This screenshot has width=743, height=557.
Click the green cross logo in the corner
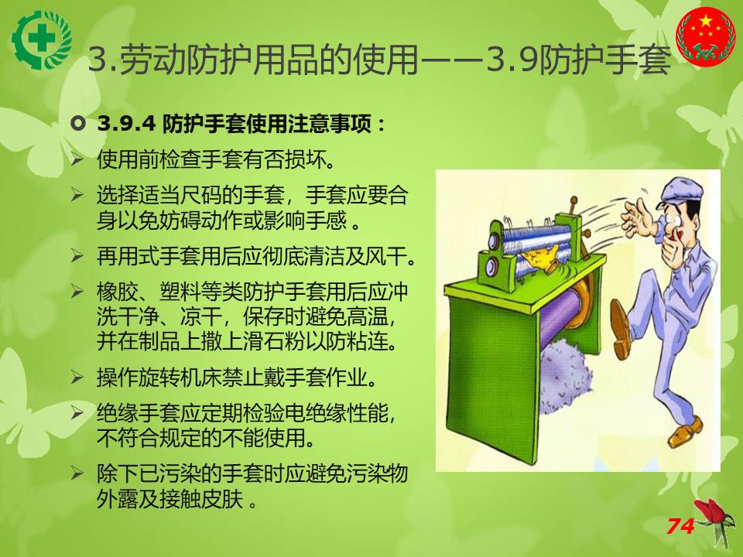click(x=42, y=39)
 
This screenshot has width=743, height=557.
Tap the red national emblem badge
click(x=706, y=36)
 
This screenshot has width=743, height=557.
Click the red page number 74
click(x=680, y=526)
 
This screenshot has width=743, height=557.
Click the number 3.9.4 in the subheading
click(x=126, y=124)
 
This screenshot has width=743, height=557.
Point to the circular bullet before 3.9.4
click(x=77, y=124)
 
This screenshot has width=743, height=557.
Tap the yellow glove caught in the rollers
click(x=539, y=258)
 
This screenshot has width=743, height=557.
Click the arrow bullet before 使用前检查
click(x=77, y=159)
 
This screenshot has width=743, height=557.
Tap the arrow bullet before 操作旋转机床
click(x=77, y=378)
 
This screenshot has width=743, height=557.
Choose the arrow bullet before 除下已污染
click(x=77, y=473)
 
